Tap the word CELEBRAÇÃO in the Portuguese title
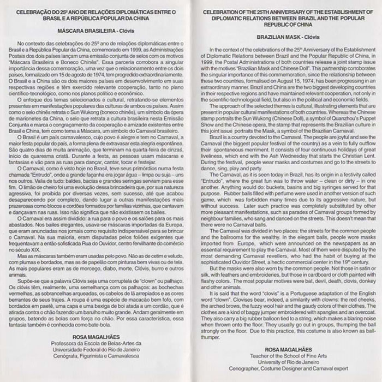(39, 11)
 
